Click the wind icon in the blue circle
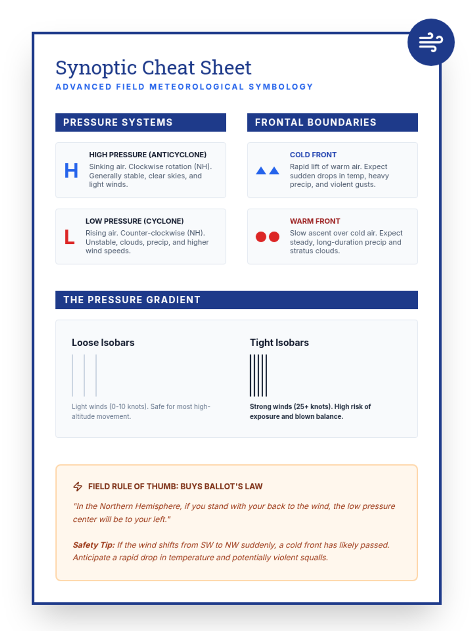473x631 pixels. (431, 42)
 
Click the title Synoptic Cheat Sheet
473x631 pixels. (153, 68)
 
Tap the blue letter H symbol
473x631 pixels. (71, 171)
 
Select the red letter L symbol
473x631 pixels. (69, 237)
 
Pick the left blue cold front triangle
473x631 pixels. (261, 171)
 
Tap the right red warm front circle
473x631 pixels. (274, 237)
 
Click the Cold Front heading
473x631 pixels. (313, 155)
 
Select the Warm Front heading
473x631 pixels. (315, 221)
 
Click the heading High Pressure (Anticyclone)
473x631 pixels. (147, 155)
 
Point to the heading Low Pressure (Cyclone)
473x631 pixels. (134, 221)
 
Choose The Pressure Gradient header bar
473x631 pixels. (236, 300)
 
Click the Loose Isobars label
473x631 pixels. (103, 342)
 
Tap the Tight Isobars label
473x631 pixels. (279, 342)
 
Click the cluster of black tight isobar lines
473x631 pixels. (258, 375)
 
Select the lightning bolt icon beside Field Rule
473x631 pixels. (78, 486)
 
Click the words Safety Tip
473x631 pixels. (93, 545)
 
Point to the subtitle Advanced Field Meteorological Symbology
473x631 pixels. (184, 87)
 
